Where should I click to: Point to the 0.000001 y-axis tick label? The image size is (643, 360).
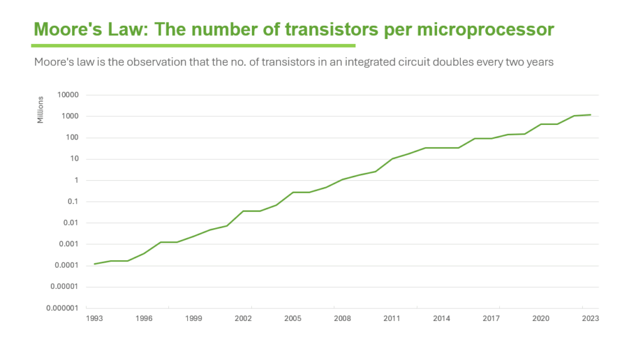point(63,308)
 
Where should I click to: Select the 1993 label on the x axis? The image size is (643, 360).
point(94,319)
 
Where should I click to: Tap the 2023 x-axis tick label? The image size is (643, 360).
point(590,319)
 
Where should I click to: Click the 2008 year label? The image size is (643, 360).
point(342,319)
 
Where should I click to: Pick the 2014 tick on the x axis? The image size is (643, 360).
point(441,319)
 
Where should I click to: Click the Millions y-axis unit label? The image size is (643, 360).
point(41,109)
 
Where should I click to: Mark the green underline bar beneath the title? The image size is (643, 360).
point(193,45)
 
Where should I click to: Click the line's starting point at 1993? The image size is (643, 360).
point(94,264)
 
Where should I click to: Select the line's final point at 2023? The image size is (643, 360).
point(590,115)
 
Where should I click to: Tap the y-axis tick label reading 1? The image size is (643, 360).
point(76,180)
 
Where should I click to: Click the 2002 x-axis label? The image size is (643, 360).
point(243,319)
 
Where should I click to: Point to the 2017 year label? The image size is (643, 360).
point(491,319)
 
